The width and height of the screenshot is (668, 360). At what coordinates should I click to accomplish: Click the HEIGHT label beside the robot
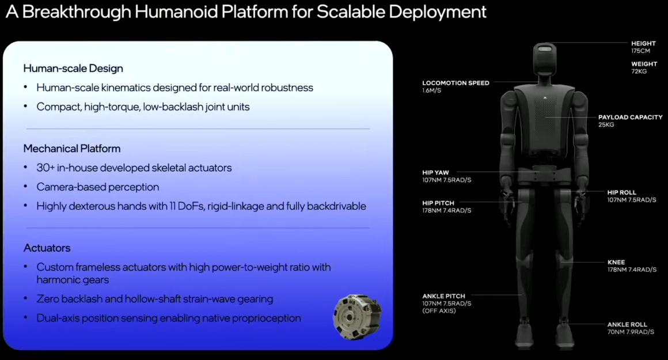[x=643, y=43]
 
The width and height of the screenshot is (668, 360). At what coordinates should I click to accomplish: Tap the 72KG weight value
[x=639, y=71]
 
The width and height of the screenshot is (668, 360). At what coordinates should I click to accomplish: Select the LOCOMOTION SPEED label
[x=456, y=83]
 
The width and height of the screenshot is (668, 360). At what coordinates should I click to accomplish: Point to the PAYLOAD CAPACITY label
[x=630, y=117]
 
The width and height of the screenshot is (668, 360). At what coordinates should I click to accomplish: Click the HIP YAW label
[x=435, y=173]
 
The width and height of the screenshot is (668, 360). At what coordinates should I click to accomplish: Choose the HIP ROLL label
[x=621, y=192]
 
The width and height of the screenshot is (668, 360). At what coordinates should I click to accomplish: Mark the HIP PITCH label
[x=438, y=203]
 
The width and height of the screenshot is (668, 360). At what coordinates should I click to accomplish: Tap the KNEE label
[x=616, y=263]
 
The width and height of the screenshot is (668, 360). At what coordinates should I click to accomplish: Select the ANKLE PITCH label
[x=443, y=296]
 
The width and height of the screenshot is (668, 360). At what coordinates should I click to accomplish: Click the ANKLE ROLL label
[x=627, y=325]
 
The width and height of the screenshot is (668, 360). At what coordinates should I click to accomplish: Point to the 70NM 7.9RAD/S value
[x=631, y=332]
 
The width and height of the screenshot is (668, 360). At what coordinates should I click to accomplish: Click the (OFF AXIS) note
[x=439, y=311]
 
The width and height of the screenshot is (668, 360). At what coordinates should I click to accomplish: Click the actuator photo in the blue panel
[x=357, y=317]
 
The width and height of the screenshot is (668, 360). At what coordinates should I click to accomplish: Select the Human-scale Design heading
[x=73, y=69]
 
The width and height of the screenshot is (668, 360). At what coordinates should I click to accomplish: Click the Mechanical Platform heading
[x=71, y=149]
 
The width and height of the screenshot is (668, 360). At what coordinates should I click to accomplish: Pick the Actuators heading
[x=47, y=248]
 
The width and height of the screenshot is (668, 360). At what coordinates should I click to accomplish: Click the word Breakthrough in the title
[x=77, y=12]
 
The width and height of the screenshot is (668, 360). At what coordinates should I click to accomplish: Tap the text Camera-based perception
[x=97, y=187]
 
